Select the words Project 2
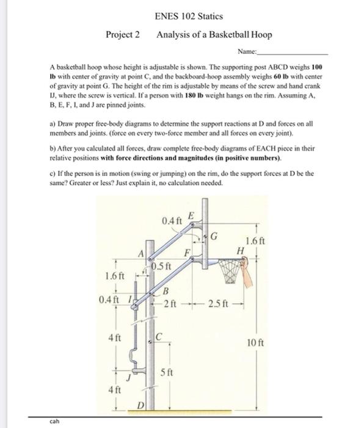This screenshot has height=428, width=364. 123,35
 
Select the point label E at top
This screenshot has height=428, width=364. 192,216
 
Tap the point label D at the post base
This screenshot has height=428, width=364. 140,405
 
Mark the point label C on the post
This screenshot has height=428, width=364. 158,336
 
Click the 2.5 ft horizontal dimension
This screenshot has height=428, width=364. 218,304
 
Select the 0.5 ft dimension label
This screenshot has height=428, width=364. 161,267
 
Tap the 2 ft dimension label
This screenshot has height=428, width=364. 167,304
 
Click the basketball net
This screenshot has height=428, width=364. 231,271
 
